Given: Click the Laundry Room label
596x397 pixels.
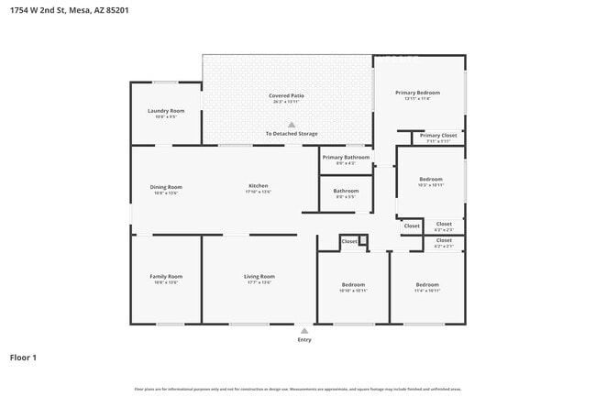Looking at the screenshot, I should pos(166,111).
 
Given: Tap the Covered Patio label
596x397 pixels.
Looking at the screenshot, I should pos(286,95).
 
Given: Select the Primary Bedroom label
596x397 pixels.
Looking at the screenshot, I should pos(417,93).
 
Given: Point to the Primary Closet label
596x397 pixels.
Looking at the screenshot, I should pos(437,136).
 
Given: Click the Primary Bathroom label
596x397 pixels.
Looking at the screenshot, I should pos(346,157).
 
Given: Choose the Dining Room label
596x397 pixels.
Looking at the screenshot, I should pos(166,187).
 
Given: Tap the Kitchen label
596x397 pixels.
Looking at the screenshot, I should pos(258,186).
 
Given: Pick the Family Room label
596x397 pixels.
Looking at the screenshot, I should pos(166,276).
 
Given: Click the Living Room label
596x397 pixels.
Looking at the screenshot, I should pos(259,276).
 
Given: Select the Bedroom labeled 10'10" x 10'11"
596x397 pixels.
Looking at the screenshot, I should pos(353,284).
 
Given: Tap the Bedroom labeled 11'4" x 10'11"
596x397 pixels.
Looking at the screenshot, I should pos(427,284).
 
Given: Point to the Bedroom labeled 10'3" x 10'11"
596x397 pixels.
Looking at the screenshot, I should pos(430,179).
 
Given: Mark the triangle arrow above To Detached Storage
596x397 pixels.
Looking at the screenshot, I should pos(292,124).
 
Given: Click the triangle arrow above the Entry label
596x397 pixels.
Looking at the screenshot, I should pos(304,330).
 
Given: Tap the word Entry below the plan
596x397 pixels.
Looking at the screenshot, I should pos(304,340).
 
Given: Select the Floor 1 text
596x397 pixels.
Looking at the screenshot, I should pos(23,357).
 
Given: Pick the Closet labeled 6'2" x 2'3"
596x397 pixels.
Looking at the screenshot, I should pos(444,224).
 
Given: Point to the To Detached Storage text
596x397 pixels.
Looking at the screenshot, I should pos(292,134).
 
